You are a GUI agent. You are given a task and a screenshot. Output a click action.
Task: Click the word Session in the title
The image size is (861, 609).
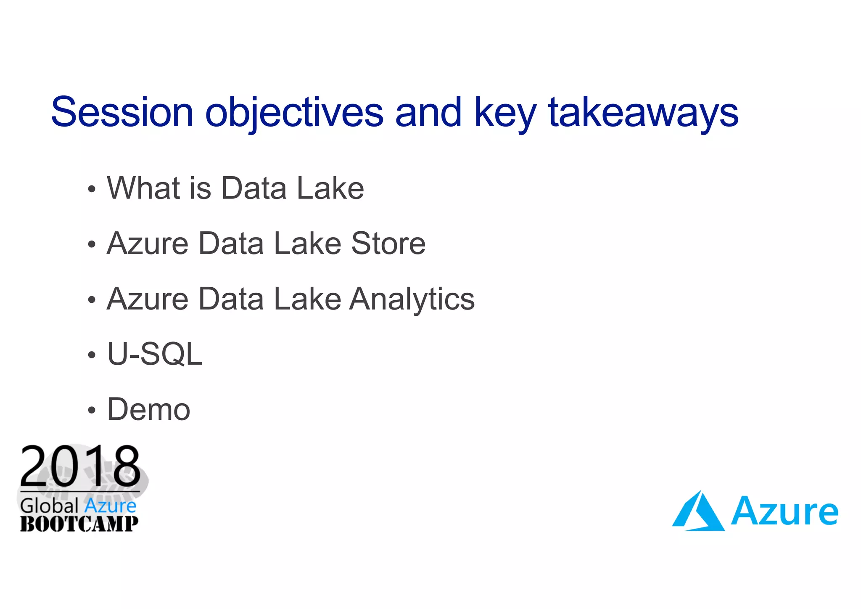122,113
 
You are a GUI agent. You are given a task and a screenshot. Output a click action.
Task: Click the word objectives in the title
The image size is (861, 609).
294,113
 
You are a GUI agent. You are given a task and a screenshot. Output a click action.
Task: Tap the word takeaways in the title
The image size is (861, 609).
643,113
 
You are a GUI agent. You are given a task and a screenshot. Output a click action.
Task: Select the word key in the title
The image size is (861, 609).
505,113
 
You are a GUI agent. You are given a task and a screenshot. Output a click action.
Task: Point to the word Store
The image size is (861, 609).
388,244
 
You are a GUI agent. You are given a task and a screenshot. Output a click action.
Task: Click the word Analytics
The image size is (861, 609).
412,299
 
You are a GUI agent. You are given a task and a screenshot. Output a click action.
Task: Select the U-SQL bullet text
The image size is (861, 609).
155,354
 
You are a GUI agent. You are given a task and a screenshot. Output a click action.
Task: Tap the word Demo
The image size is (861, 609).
148,410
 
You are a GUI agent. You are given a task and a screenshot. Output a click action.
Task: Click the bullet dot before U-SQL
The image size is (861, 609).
92,355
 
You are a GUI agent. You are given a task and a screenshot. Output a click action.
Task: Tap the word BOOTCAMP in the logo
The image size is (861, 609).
79,524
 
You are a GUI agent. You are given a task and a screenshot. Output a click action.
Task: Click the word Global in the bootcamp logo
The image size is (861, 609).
50,506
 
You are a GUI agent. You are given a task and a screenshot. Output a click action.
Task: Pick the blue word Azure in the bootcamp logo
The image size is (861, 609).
110,506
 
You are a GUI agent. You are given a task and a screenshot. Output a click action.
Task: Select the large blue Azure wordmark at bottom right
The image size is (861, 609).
784,512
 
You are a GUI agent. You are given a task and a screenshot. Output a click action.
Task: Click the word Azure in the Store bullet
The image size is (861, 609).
148,244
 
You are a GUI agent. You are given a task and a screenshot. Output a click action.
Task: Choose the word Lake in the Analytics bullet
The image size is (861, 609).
307,299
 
